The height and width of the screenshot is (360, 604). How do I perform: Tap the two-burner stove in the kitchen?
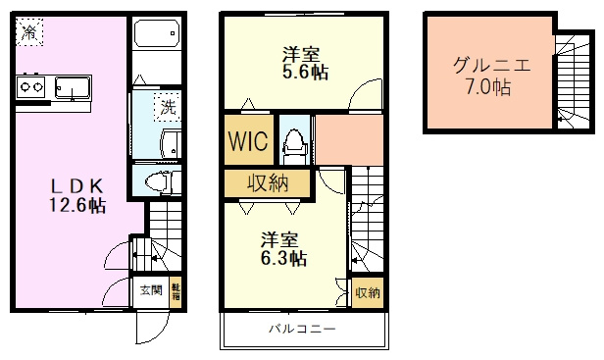pos(29,86)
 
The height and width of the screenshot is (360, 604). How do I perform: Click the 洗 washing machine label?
pos(168,107)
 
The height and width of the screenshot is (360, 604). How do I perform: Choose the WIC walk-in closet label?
pos(248,140)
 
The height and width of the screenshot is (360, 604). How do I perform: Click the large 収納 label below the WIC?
pos(267,183)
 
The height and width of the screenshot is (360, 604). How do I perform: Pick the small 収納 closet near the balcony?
pos(367,292)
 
